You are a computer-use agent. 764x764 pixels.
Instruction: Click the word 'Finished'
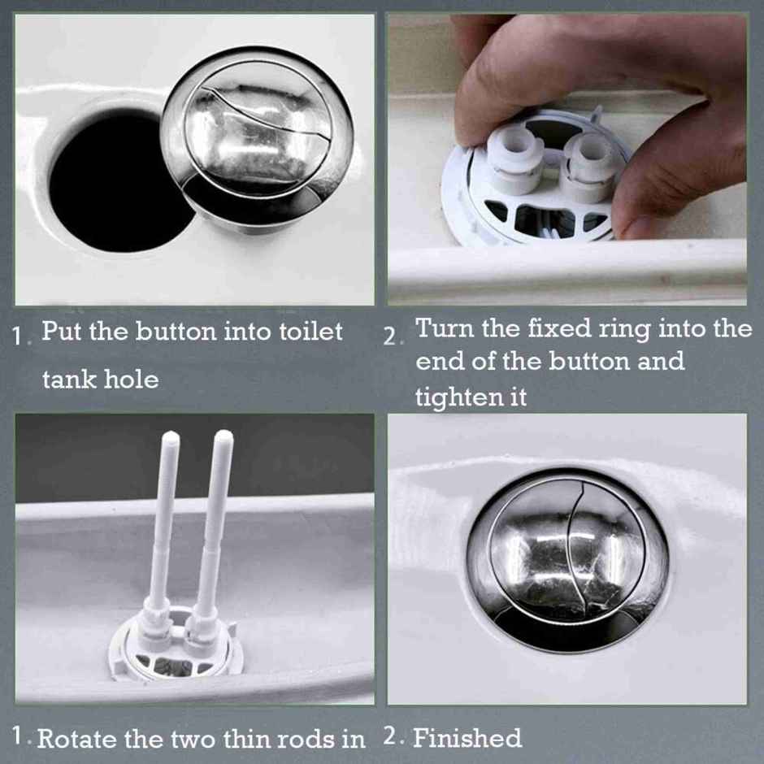467,738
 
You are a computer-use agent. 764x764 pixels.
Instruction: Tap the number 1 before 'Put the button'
18,336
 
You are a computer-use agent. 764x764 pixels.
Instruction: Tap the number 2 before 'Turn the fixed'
391,336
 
